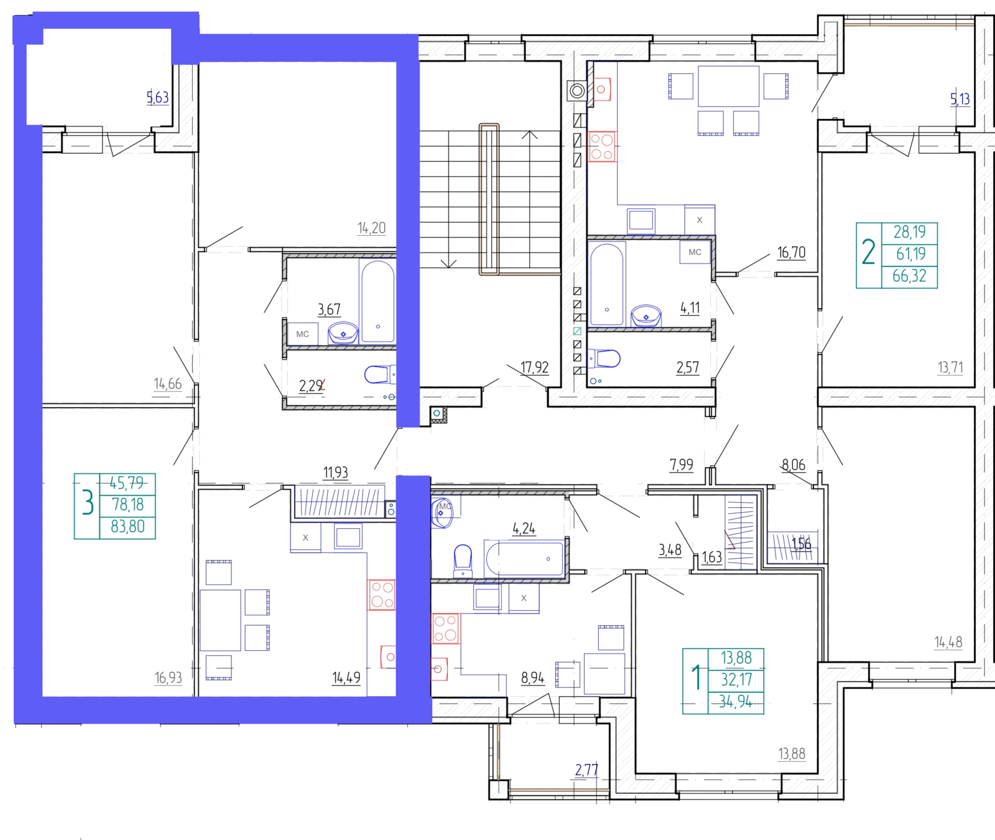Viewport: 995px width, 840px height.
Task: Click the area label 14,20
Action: coord(371,228)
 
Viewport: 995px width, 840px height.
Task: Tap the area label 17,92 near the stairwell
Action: coord(535,367)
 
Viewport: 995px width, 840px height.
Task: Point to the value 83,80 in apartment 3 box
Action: coord(127,526)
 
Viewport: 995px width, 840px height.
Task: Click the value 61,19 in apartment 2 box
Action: coord(910,254)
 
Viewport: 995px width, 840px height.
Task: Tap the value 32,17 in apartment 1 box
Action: coord(736,679)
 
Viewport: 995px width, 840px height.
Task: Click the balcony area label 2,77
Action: coord(586,770)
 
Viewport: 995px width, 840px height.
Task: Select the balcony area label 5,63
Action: coord(157,98)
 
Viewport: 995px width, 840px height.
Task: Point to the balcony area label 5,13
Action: coord(960,99)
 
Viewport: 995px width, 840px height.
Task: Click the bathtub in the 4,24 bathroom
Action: coord(524,559)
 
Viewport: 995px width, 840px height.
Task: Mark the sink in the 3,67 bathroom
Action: coord(343,334)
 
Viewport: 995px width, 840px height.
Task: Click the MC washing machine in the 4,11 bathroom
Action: coord(695,252)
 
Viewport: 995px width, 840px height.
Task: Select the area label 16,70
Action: coord(791,253)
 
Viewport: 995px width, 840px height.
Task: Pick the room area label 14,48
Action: coord(948,642)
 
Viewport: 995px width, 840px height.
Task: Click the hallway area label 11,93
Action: coord(335,473)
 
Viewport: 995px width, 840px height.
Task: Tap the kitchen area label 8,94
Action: coord(532,678)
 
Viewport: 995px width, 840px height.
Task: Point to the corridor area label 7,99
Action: coord(681,465)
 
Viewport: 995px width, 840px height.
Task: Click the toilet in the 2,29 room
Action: coord(377,375)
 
